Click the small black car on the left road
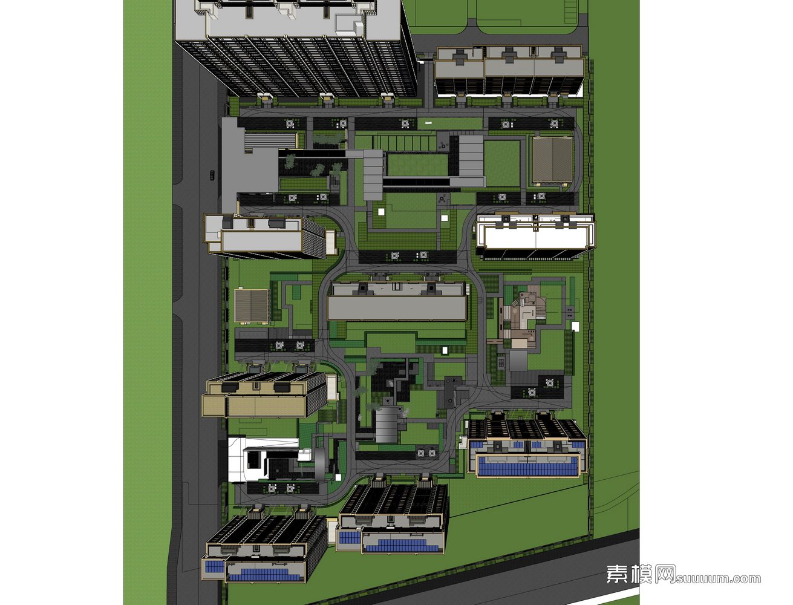point(212,175)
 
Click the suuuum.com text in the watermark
point(718,578)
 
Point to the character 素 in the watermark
point(617,574)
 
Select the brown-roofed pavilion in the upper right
point(552,159)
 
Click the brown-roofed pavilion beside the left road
point(252,305)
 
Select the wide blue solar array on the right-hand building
point(528,466)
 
